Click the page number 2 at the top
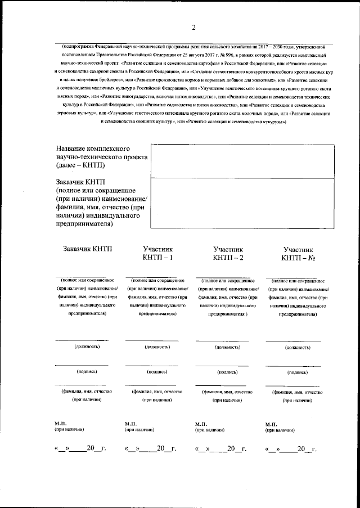pyautogui.click(x=193, y=28)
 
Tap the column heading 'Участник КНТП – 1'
pyautogui.click(x=157, y=253)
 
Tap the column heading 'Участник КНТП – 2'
pyautogui.click(x=228, y=253)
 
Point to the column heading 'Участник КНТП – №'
pyautogui.click(x=298, y=253)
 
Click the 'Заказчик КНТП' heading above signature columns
pyautogui.click(x=88, y=249)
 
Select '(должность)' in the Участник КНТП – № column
pyautogui.click(x=298, y=347)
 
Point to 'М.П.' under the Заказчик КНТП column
pyautogui.click(x=61, y=422)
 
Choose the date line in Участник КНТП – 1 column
pyautogui.click(x=150, y=448)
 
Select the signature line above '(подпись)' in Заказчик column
pyautogui.click(x=82, y=365)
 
